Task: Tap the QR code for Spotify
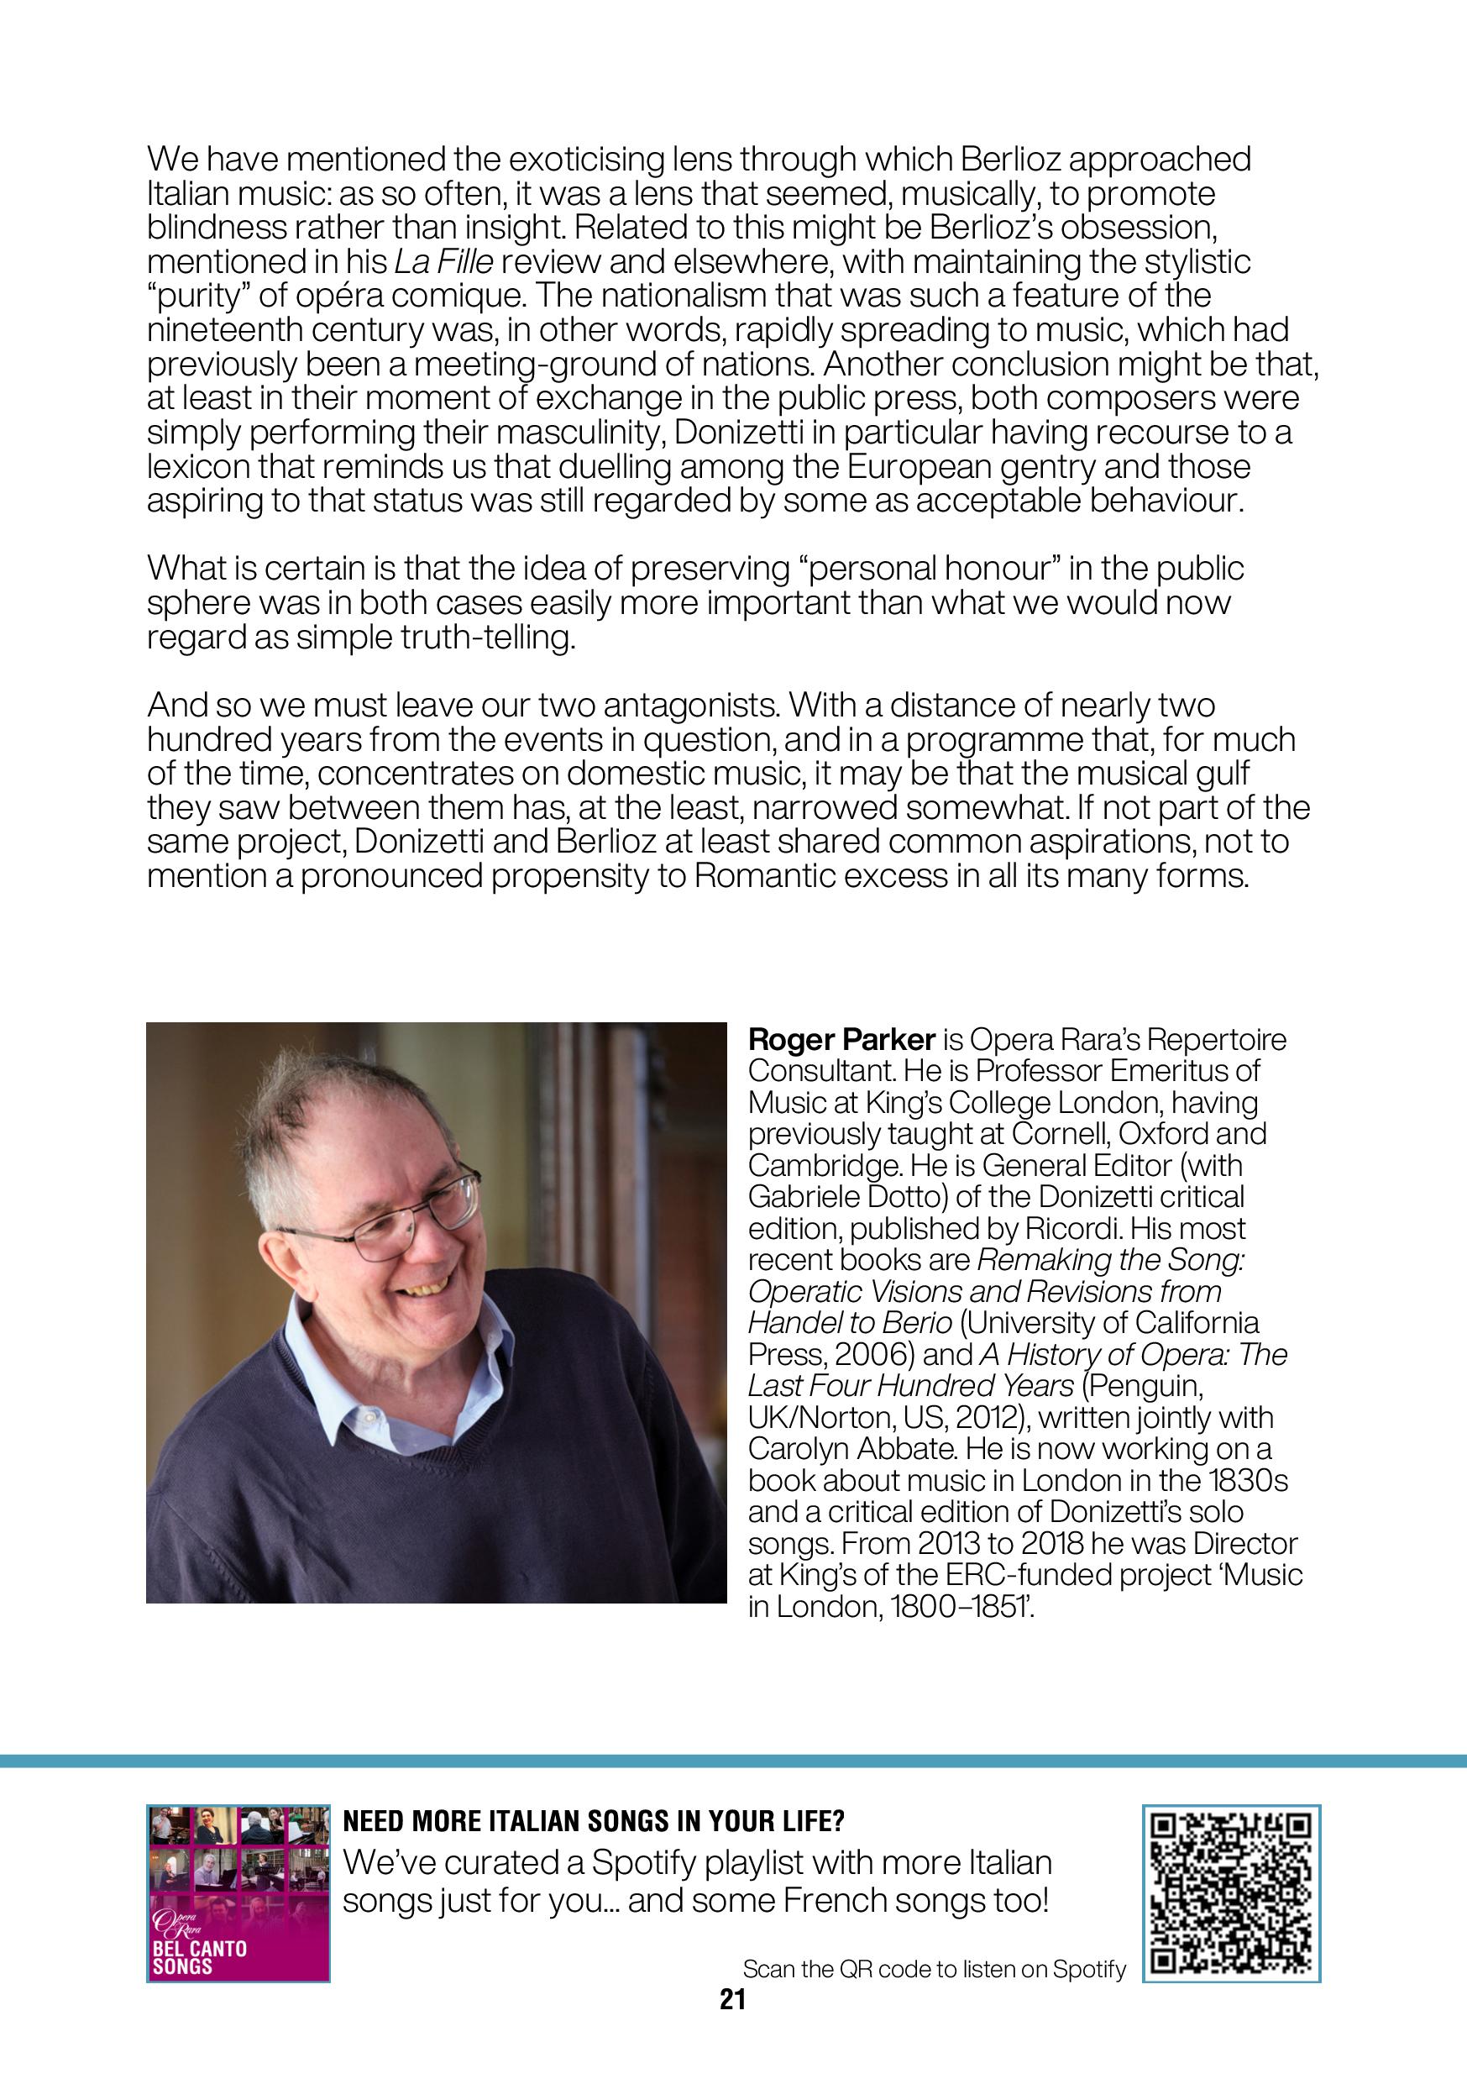pos(1230,1893)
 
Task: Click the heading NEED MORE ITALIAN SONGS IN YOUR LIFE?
pos(595,1822)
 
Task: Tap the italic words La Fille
pos(443,262)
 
